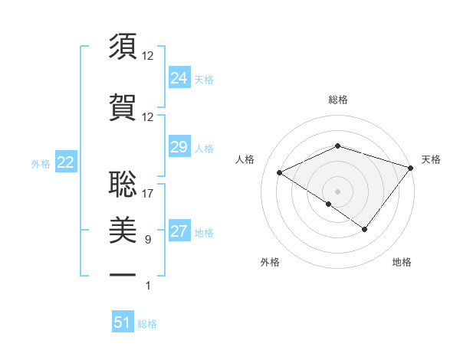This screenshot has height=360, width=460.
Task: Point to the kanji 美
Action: (123, 227)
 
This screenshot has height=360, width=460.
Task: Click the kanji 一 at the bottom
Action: (123, 273)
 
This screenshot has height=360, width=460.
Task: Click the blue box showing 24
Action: (179, 77)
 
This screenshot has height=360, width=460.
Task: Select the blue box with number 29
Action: (179, 147)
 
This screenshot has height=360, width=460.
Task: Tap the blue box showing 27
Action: (179, 231)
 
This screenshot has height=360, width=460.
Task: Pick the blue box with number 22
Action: (65, 162)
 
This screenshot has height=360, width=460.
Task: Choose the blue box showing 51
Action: (123, 322)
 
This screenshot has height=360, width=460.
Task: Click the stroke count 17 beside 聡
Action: (148, 194)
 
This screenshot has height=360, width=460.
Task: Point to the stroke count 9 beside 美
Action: (147, 240)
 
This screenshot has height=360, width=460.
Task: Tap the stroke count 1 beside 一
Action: (147, 286)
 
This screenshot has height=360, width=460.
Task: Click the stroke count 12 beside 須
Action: (148, 56)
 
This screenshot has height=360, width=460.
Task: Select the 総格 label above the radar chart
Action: (338, 100)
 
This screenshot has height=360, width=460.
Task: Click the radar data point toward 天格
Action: (411, 168)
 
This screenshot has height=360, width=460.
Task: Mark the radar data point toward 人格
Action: (280, 172)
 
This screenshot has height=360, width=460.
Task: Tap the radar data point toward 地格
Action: (365, 229)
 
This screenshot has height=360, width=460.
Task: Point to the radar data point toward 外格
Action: (329, 204)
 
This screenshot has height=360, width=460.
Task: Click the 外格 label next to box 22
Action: (41, 163)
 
